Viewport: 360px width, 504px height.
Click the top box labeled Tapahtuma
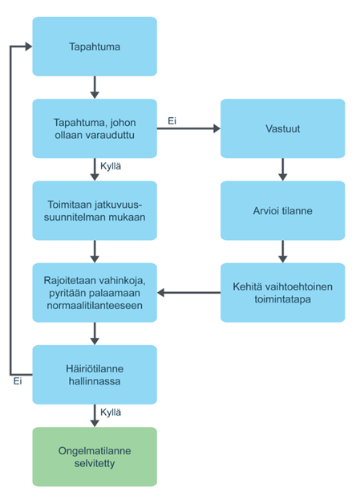(95, 47)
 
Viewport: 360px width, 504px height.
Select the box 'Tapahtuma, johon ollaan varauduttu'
(95, 128)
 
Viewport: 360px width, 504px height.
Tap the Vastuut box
(282, 128)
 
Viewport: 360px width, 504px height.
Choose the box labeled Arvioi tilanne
(282, 210)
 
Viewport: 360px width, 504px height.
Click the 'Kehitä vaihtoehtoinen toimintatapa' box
(282, 292)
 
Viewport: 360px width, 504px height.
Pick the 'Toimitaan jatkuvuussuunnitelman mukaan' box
(95, 210)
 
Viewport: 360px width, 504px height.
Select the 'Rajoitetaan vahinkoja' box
(95, 292)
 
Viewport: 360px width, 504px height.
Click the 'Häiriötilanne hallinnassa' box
(95, 374)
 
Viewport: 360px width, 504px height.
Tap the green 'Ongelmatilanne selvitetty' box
(95, 457)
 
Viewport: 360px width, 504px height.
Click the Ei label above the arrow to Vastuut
(172, 121)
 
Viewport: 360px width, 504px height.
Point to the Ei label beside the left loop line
(18, 381)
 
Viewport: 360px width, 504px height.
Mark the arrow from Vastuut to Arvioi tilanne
(282, 169)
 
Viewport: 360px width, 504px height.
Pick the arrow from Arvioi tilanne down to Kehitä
(282, 250)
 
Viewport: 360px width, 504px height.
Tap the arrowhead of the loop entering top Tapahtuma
(26, 47)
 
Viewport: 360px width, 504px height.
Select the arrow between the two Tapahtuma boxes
(95, 87)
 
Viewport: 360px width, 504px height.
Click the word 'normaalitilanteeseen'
(95, 305)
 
